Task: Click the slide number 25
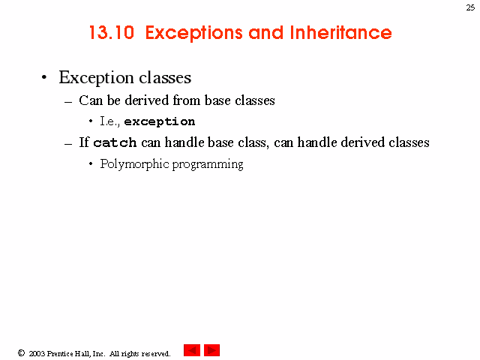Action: (x=470, y=7)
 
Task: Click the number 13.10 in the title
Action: (x=112, y=32)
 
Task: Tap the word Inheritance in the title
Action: (x=340, y=32)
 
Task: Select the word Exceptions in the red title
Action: (x=193, y=33)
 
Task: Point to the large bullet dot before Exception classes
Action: (x=44, y=77)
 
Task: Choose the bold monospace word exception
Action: (x=160, y=121)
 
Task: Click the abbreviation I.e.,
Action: (x=109, y=121)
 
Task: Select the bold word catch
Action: (x=115, y=142)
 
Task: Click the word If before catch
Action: (x=84, y=142)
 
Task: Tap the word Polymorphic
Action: (x=135, y=164)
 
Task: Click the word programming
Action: (x=208, y=165)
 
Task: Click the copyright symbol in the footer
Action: (x=21, y=353)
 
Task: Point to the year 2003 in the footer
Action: (x=37, y=353)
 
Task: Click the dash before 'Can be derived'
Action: (x=68, y=102)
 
